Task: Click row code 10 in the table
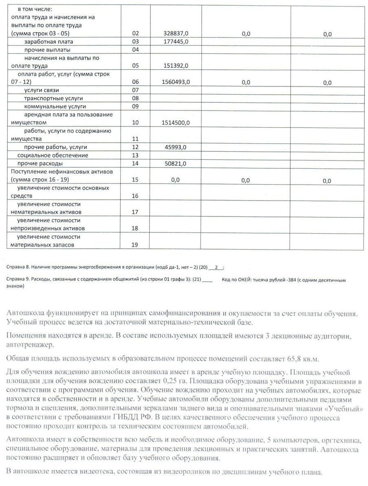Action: pyautogui.click(x=136, y=122)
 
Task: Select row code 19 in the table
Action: pyautogui.click(x=136, y=245)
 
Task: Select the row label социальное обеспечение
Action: pyautogui.click(x=53, y=155)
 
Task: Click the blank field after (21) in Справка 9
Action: pyautogui.click(x=207, y=281)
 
